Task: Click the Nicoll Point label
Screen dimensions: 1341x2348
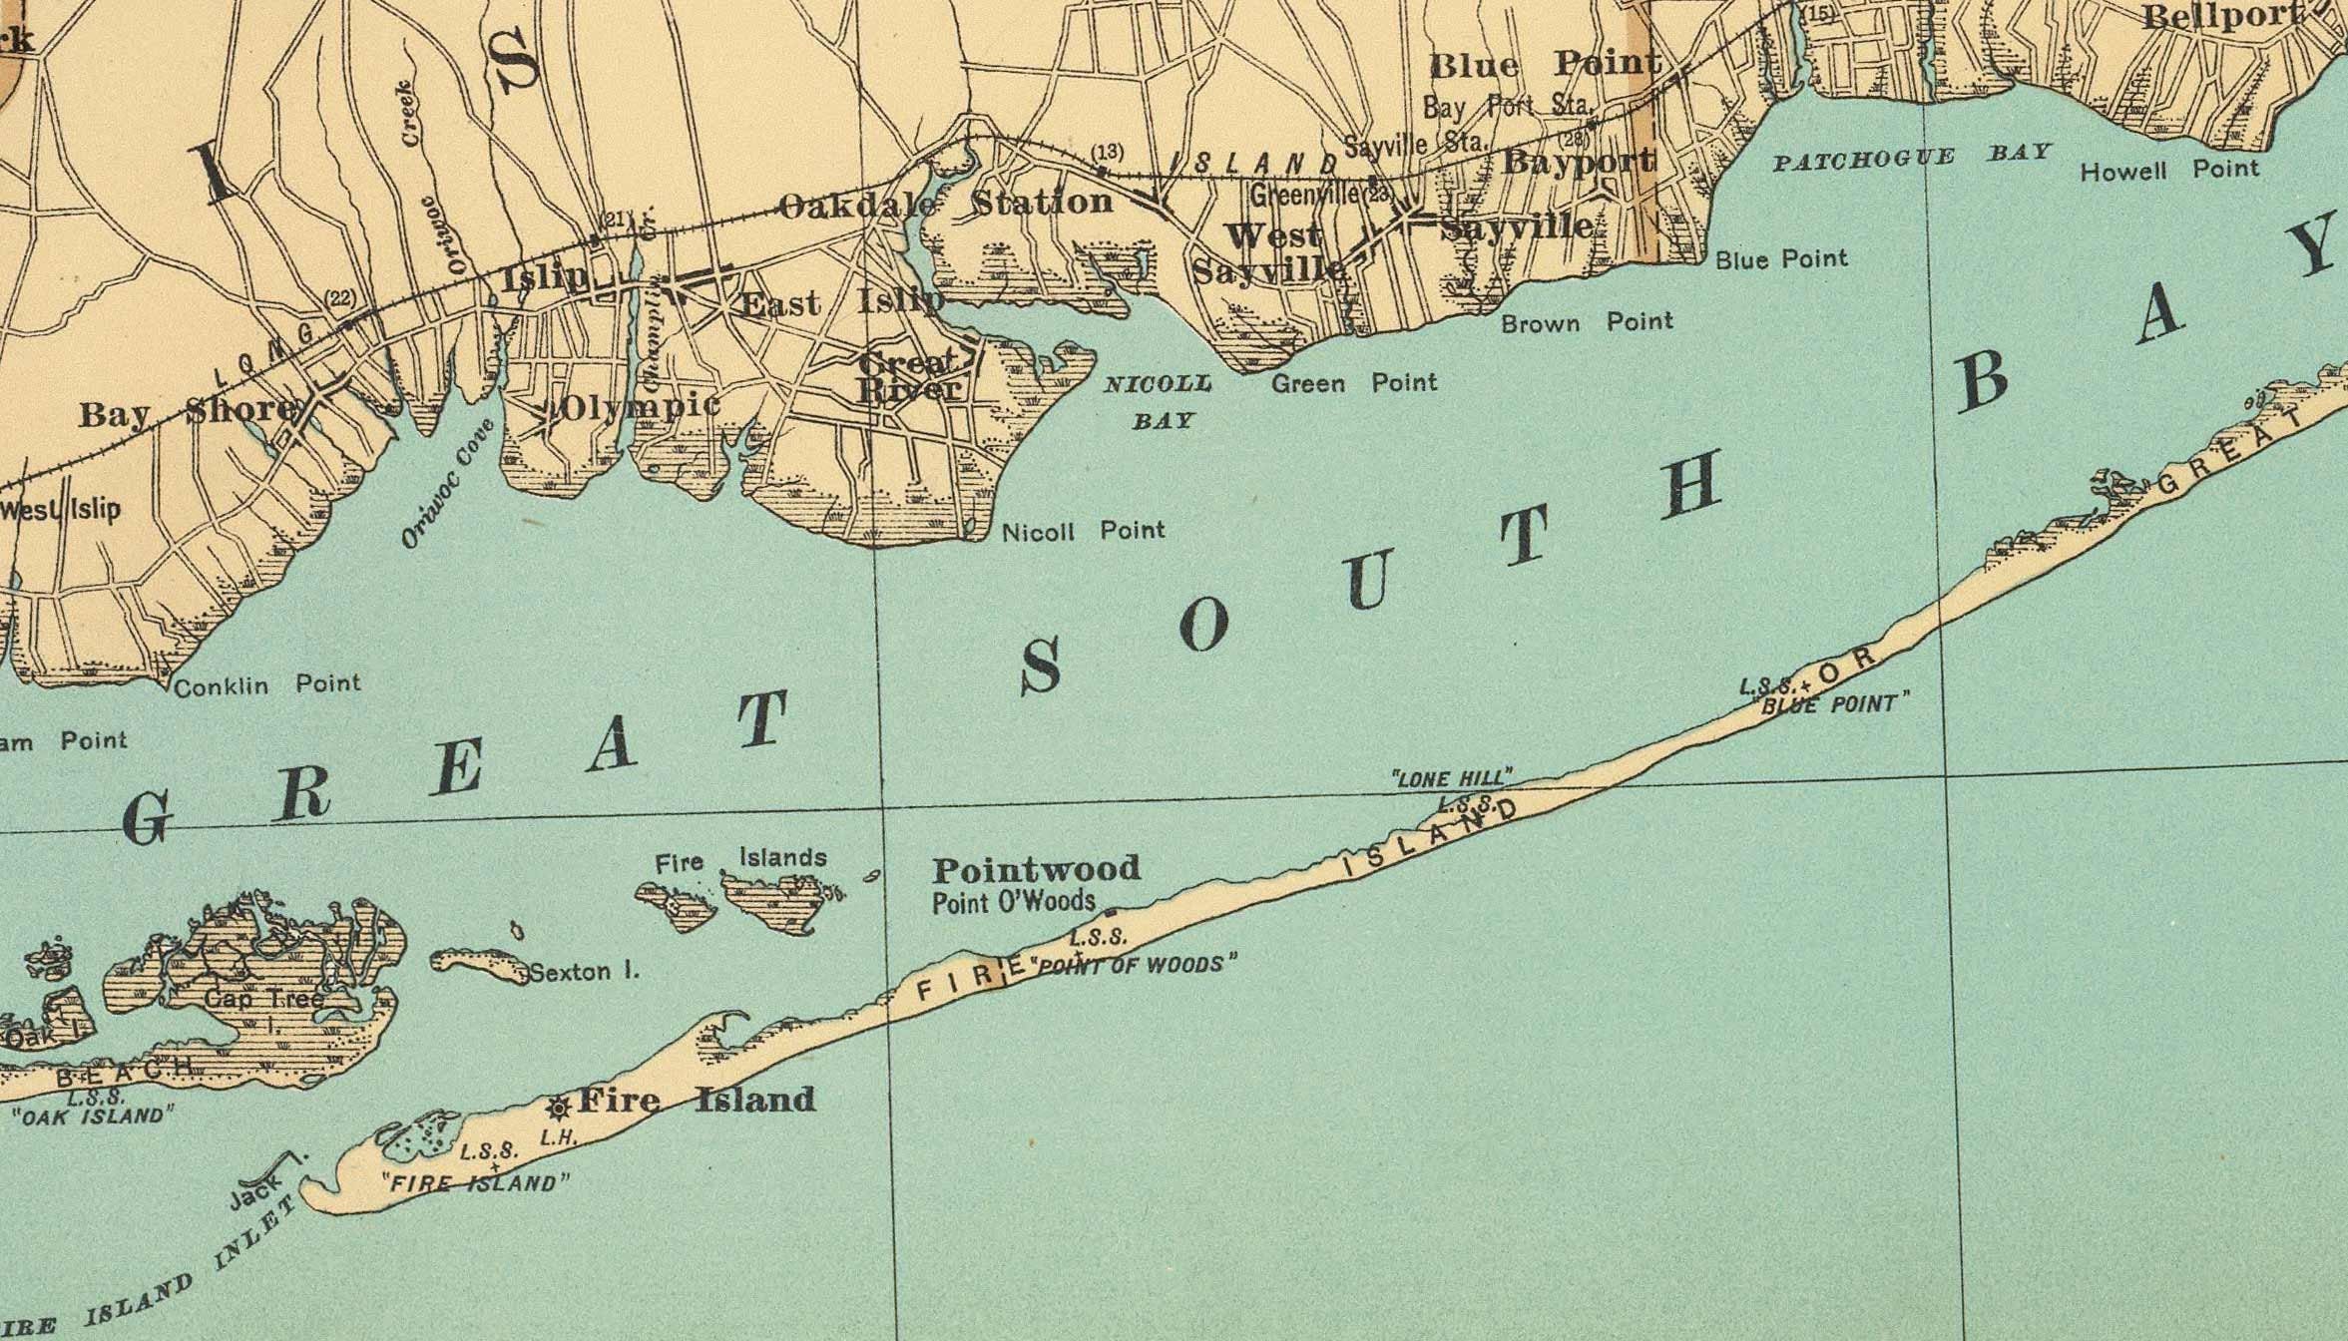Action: tap(1083, 531)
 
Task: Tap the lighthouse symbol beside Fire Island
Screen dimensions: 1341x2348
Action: tap(559, 1107)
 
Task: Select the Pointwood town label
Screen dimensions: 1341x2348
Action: tap(1036, 869)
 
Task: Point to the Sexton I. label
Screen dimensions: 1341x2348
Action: tap(584, 971)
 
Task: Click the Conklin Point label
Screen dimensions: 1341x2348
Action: tap(266, 685)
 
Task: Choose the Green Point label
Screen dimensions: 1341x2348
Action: tap(1353, 383)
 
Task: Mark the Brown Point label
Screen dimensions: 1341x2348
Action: tap(1586, 322)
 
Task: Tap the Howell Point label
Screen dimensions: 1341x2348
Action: tap(2168, 171)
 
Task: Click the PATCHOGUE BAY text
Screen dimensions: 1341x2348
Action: tap(1910, 158)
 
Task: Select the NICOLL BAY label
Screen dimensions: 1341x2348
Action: tap(1161, 401)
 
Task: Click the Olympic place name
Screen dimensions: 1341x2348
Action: tap(639, 406)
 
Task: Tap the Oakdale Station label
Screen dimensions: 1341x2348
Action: tap(944, 204)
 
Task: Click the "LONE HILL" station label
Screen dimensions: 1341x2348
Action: tap(1452, 777)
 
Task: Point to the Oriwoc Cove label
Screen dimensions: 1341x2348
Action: tap(448, 484)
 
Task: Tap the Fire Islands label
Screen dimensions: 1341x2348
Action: tap(740, 859)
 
